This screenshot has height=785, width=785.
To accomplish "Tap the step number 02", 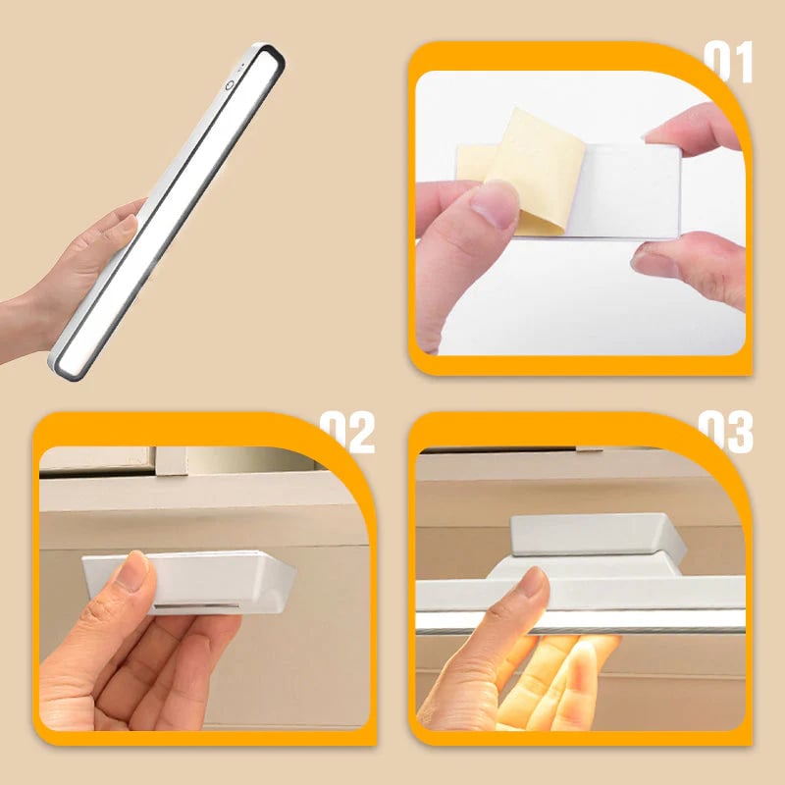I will [347, 432].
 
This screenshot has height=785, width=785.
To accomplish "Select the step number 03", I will [725, 432].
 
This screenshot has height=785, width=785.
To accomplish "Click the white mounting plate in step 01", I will [628, 191].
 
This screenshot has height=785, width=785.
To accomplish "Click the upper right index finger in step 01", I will [692, 130].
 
